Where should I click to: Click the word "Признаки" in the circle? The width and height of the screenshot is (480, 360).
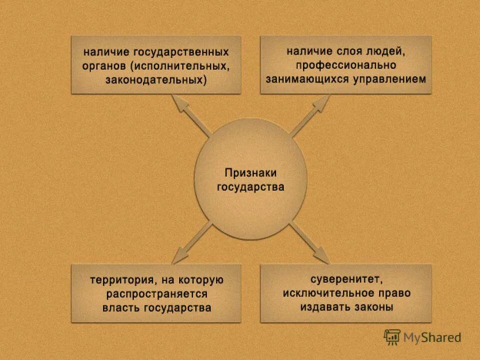pos(250,173)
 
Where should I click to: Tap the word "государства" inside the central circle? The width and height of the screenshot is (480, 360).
pos(250,187)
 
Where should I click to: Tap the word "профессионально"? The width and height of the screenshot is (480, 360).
pos(345,65)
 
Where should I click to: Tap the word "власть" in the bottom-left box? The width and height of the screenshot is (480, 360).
pos(121,307)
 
